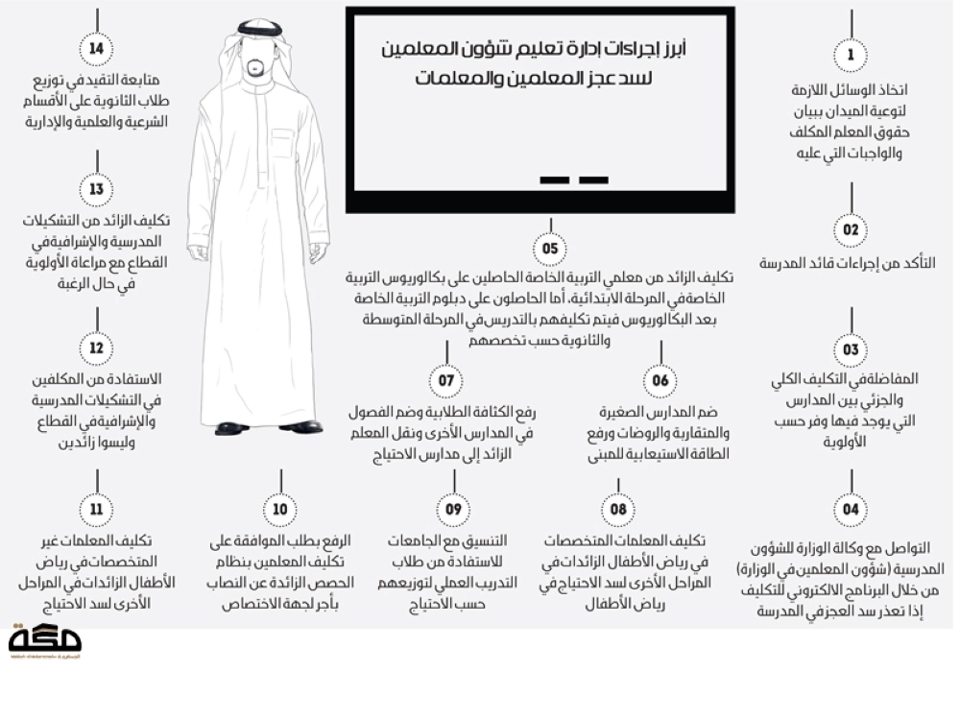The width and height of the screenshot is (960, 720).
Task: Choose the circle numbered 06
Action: point(660,380)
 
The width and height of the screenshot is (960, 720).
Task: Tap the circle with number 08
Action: point(617,509)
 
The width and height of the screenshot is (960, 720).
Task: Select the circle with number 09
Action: point(453,509)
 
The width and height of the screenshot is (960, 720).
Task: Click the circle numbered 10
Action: point(280,509)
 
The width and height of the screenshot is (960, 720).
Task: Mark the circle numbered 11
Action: point(96,509)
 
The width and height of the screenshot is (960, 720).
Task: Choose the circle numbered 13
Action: point(96,189)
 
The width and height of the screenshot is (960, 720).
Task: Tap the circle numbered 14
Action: point(96,49)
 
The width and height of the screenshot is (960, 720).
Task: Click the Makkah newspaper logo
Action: point(44,640)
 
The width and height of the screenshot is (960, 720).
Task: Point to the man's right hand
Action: point(198,252)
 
